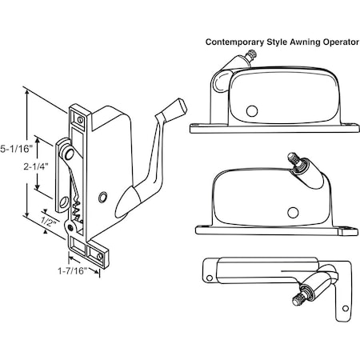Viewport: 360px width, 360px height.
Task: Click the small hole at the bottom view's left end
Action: [210, 278]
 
